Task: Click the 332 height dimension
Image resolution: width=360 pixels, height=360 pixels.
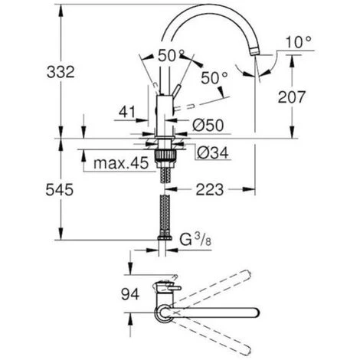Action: [x=61, y=72]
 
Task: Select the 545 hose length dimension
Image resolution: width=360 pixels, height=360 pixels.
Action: [x=60, y=190]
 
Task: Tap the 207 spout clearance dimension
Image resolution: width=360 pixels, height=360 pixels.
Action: [x=291, y=97]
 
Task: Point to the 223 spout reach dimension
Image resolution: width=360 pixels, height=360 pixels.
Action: [x=210, y=190]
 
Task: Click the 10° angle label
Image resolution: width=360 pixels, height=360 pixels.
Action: [x=298, y=42]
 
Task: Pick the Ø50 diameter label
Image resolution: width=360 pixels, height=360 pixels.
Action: [x=208, y=126]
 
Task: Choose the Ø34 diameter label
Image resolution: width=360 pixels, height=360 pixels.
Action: [x=213, y=153]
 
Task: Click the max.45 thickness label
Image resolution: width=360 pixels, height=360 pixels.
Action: [x=121, y=163]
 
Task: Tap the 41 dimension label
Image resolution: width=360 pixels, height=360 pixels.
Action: [x=127, y=112]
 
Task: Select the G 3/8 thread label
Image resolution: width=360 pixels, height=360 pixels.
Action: [x=195, y=240]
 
